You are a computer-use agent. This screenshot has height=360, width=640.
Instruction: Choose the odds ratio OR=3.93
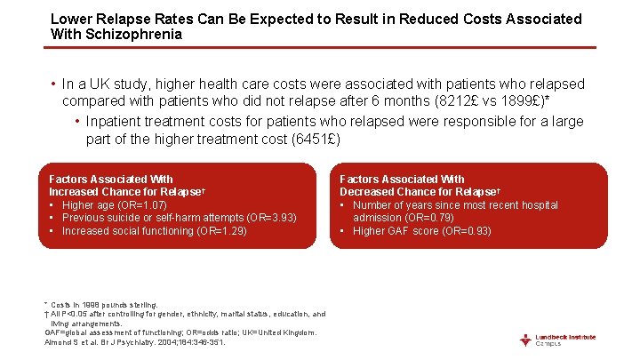[x=274, y=218]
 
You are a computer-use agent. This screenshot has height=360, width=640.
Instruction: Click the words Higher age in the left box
[x=87, y=205]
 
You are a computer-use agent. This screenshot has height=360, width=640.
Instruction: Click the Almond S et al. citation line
[x=134, y=341]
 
